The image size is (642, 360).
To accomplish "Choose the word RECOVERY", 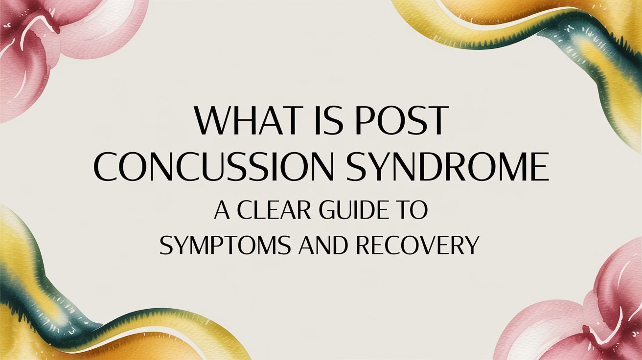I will point(416,246).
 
